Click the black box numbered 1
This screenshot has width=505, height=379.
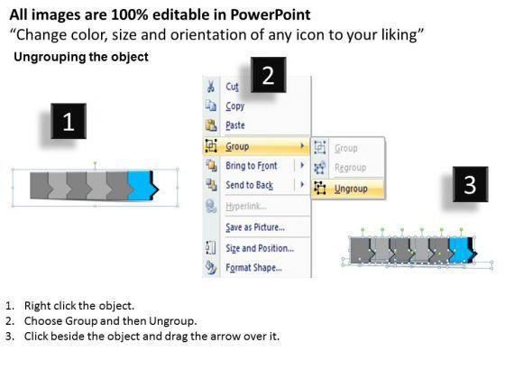click(69, 121)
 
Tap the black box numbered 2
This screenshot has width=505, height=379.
click(269, 75)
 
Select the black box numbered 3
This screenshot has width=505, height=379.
click(470, 184)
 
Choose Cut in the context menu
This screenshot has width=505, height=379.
click(232, 87)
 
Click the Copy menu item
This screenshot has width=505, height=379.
click(234, 106)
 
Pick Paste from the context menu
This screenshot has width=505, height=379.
click(235, 125)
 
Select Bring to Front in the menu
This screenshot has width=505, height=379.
click(252, 166)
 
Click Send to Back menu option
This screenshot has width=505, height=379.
click(249, 185)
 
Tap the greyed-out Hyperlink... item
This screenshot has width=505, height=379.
click(246, 207)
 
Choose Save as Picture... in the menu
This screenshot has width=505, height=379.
click(255, 227)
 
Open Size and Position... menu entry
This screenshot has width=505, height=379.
click(260, 248)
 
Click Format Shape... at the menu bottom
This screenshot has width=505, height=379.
click(253, 267)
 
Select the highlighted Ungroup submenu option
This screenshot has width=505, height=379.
click(351, 189)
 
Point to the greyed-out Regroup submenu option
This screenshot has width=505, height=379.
click(350, 168)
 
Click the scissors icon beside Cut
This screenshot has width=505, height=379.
click(211, 87)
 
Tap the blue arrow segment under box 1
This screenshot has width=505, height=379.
click(140, 186)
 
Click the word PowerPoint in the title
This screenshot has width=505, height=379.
click(271, 14)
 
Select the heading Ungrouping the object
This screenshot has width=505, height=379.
click(81, 57)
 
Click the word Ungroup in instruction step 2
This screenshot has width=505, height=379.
click(171, 321)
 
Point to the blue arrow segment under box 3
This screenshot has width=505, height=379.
click(458, 250)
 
